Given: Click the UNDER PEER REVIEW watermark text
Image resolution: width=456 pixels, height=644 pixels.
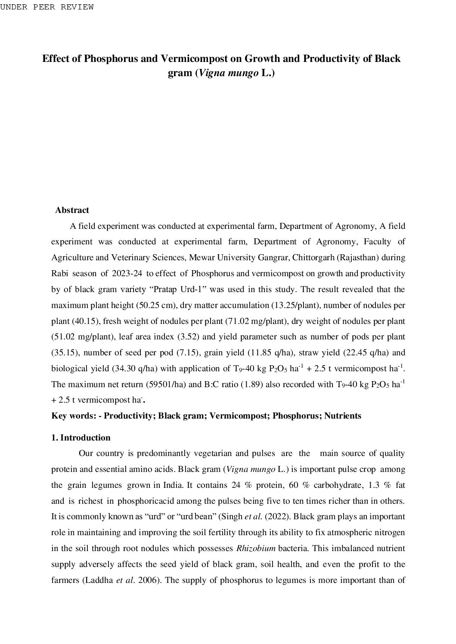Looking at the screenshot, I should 47,7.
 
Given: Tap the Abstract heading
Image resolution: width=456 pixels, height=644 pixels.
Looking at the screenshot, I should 72,210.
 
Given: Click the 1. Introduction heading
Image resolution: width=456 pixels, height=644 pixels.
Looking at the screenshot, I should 81,438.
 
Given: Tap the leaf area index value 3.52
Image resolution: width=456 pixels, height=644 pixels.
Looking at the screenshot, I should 186,337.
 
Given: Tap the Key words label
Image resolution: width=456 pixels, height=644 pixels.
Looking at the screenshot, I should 74,416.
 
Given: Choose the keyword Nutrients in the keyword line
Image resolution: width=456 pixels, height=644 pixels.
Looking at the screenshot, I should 342,416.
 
